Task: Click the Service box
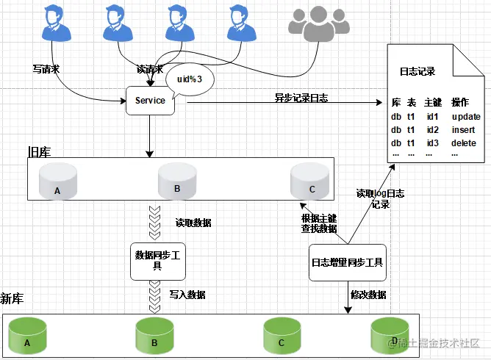click(151, 101)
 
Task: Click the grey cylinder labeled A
click(57, 181)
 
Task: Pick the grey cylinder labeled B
click(177, 181)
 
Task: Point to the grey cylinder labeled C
click(309, 181)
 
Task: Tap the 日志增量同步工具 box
click(347, 262)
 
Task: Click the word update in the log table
click(466, 117)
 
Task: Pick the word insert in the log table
click(465, 129)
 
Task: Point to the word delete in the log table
click(465, 143)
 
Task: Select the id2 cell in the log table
click(431, 129)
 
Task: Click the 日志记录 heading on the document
click(417, 72)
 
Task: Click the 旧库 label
click(39, 151)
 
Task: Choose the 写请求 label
click(46, 68)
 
